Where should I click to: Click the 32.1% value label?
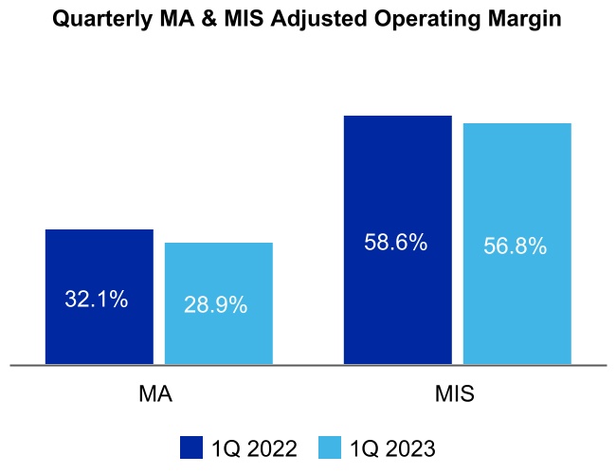point(97,300)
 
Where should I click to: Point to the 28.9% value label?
point(215,305)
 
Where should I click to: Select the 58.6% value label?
point(396,243)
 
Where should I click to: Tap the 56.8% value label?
point(515,246)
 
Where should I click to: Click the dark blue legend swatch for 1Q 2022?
point(192,447)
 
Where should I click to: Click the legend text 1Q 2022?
point(255,447)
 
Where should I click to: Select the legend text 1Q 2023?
point(392,447)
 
